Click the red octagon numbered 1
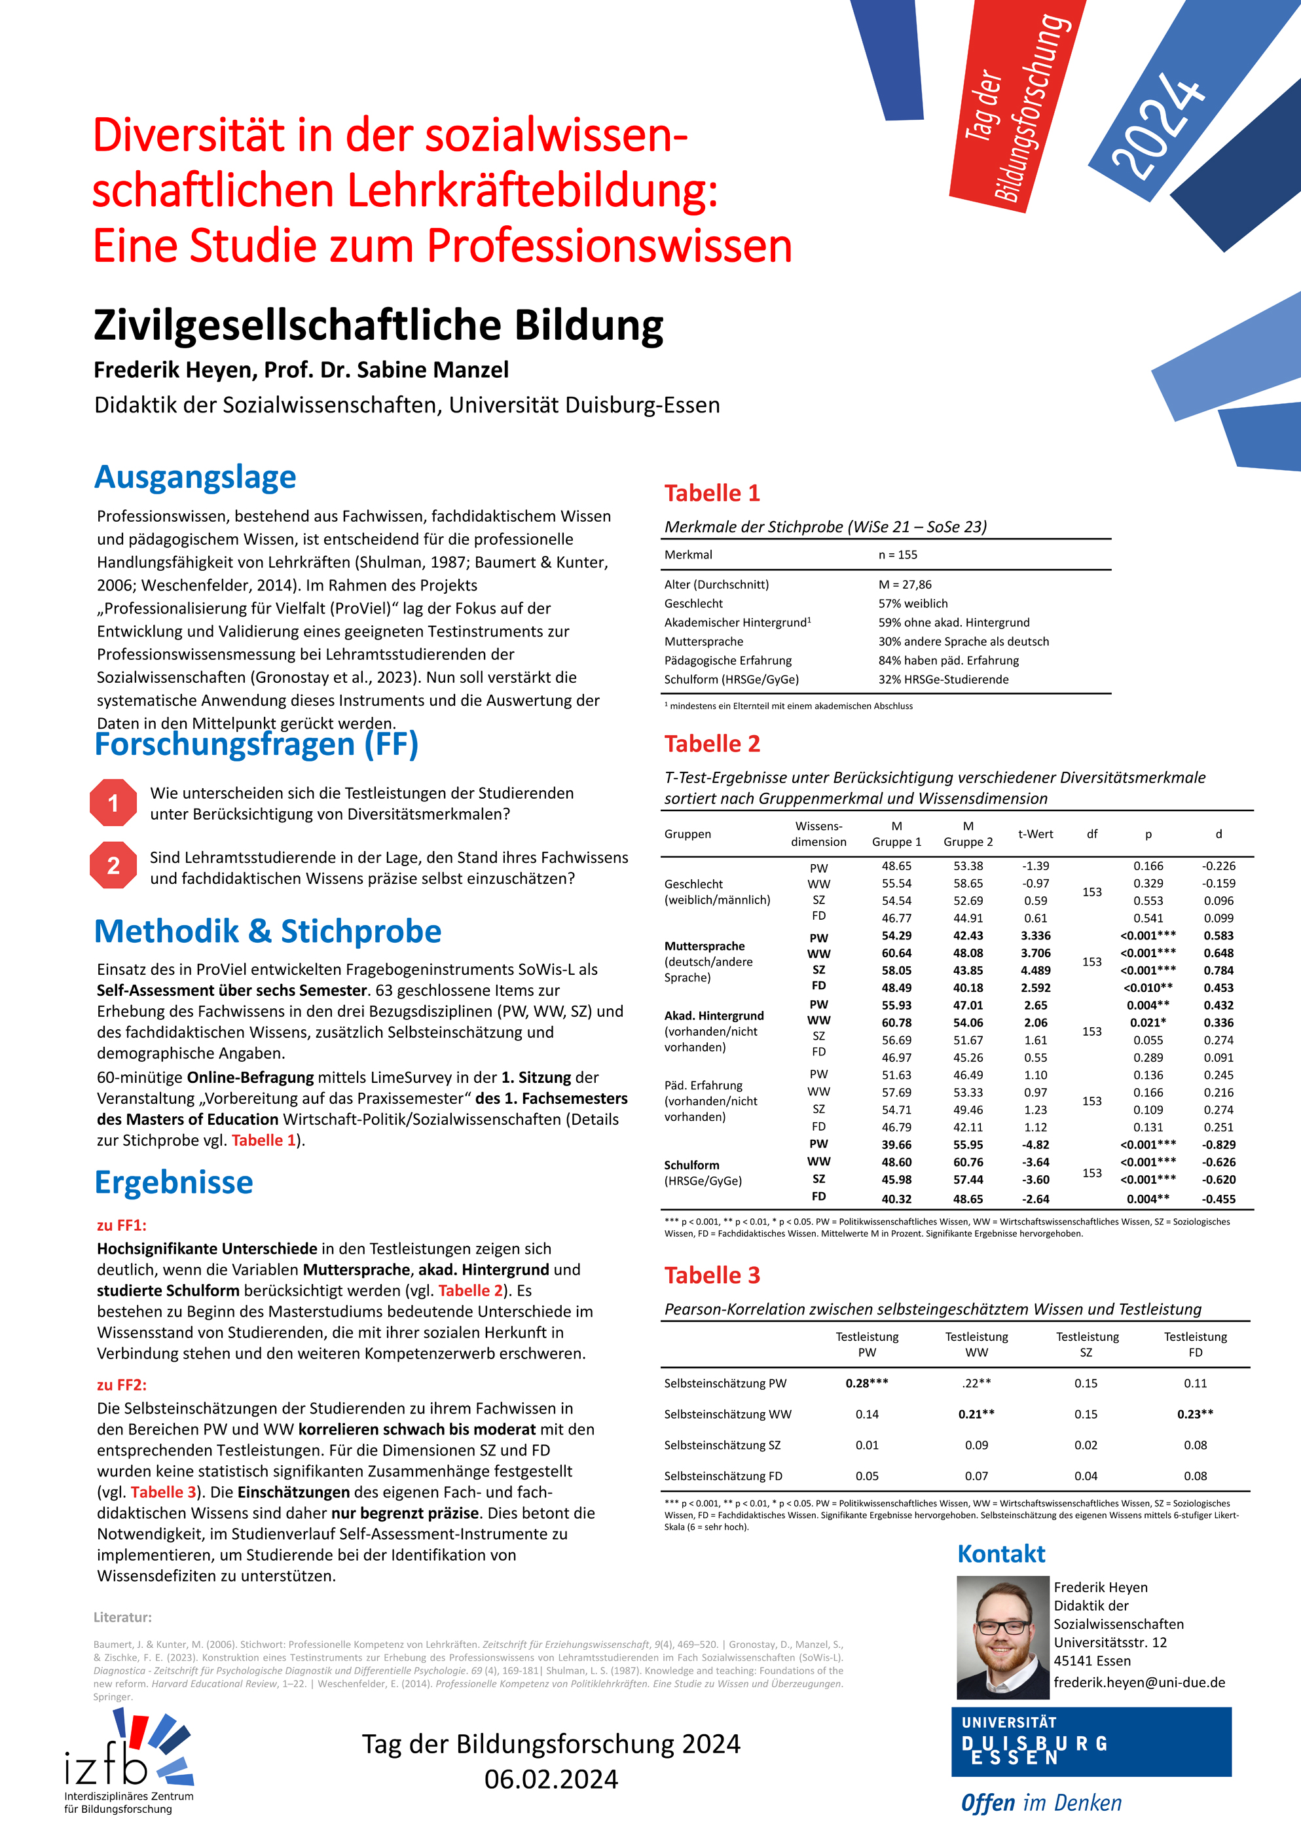pyautogui.click(x=113, y=803)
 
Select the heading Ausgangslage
pyautogui.click(x=196, y=477)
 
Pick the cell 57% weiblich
pyautogui.click(x=913, y=603)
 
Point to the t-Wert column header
pyautogui.click(x=1035, y=834)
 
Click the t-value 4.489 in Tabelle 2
pyautogui.click(x=1035, y=970)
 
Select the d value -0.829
pyautogui.click(x=1218, y=1144)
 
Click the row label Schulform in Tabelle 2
pyautogui.click(x=691, y=1165)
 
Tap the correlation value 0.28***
pyautogui.click(x=867, y=1383)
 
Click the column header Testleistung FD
pyautogui.click(x=1194, y=1344)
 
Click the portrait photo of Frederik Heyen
pyautogui.click(x=1002, y=1637)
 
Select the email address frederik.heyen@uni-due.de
pyautogui.click(x=1139, y=1682)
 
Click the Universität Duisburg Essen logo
pyautogui.click(x=1091, y=1743)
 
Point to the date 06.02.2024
pyautogui.click(x=551, y=1779)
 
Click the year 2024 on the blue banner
pyautogui.click(x=1158, y=124)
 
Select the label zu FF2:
pyautogui.click(x=122, y=1385)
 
